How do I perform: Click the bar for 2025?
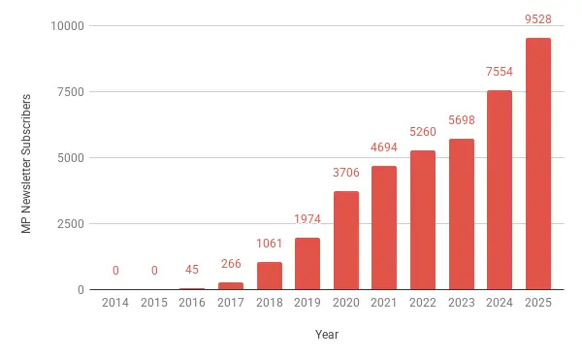coord(538,164)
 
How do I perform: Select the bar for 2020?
coord(346,241)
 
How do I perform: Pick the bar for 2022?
coord(423,220)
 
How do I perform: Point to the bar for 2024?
coord(500,190)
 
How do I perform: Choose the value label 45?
coord(192,271)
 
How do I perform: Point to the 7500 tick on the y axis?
coord(69,92)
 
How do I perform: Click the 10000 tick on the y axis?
coord(66,26)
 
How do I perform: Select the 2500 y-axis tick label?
coord(69,224)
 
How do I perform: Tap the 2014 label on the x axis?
coord(115,304)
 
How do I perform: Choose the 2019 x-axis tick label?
coord(307,304)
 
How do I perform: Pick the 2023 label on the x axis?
coord(462,304)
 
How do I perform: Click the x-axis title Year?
coord(327,335)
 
